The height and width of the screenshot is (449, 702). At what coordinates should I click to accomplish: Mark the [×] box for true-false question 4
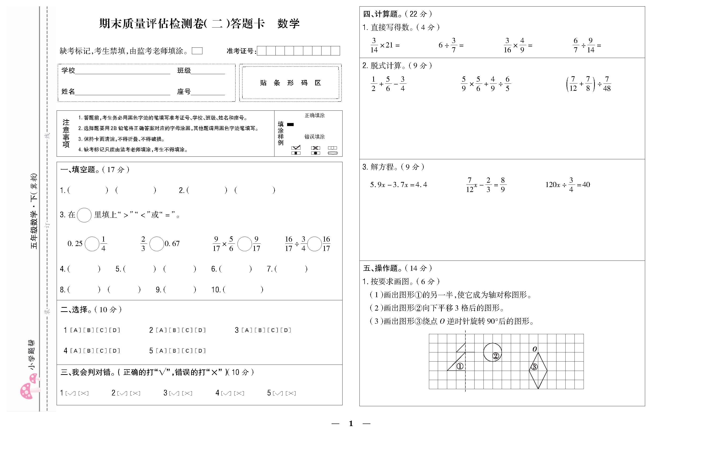point(239,393)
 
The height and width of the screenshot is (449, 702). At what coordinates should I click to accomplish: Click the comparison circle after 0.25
point(92,244)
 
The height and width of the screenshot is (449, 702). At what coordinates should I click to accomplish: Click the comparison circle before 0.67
point(157,244)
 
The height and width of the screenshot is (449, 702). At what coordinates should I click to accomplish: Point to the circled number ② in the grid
point(496,356)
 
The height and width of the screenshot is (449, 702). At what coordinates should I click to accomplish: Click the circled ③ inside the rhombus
point(534,367)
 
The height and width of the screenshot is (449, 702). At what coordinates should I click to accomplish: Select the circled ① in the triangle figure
point(460,366)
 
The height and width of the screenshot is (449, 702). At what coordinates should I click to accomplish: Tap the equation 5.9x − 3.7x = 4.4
point(399,185)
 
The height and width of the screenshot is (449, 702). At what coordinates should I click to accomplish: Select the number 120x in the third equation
point(553,185)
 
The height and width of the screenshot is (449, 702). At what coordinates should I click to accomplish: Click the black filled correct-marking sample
point(290,124)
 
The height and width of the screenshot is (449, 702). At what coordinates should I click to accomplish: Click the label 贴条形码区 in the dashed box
point(290,83)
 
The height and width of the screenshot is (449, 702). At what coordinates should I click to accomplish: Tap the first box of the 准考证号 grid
point(262,51)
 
